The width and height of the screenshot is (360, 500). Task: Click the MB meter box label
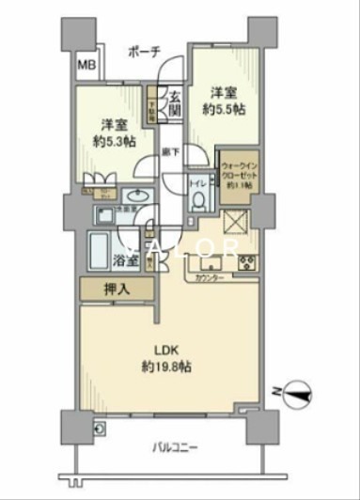(86, 64)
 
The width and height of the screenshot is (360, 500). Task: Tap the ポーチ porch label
(144, 51)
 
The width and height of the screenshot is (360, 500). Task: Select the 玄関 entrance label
(174, 101)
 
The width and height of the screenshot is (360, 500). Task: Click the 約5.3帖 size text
(114, 141)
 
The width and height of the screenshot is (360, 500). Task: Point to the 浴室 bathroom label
(128, 259)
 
